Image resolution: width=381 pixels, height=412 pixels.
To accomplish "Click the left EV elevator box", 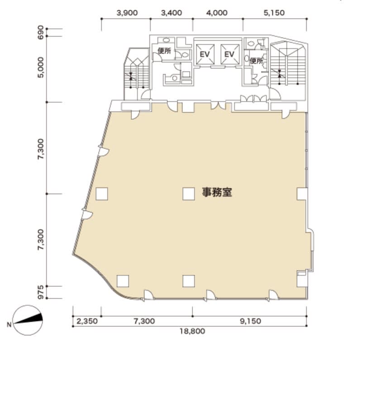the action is [x=205, y=54].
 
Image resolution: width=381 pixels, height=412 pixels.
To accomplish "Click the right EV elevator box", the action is [x=230, y=54].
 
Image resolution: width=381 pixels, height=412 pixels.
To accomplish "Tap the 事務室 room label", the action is [x=217, y=192].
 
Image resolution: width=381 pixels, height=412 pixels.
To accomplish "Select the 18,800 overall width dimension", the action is [x=192, y=331].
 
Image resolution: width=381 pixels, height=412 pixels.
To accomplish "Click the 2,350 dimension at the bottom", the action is [x=87, y=321].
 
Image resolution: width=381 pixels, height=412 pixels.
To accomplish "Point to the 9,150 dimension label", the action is [x=251, y=321].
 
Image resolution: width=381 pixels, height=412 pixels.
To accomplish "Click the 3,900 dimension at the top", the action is [x=127, y=13].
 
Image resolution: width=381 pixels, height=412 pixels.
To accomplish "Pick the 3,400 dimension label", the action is [x=171, y=13].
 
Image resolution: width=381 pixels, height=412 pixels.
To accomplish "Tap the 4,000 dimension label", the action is [x=217, y=13].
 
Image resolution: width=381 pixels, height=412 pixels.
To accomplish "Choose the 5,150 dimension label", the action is [x=274, y=13].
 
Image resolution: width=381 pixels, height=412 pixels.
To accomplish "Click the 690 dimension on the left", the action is [x=41, y=32].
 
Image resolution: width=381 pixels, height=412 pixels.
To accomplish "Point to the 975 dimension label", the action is [x=41, y=292].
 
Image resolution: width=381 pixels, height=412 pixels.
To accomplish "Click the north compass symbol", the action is [x=28, y=320].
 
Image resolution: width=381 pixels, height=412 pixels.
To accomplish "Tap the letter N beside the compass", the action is [x=9, y=325].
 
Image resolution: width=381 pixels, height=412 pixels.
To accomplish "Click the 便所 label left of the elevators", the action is [x=164, y=51].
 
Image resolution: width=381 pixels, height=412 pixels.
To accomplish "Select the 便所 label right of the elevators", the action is [x=257, y=61].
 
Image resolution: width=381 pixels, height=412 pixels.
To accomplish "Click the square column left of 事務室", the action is [x=189, y=194].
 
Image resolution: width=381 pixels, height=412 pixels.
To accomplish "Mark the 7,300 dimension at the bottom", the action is [x=144, y=321].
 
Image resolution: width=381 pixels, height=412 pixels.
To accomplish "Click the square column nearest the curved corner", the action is [x=123, y=281].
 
